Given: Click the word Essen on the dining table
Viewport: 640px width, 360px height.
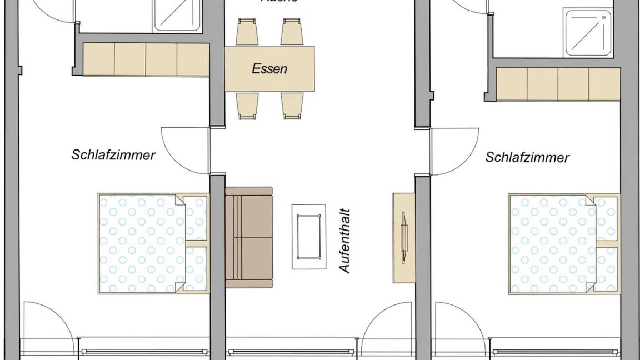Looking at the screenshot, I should click(x=269, y=69).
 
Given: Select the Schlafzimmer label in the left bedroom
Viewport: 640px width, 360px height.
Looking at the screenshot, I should click(x=113, y=154).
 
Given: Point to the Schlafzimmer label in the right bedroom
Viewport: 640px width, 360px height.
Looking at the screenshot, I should click(x=527, y=157).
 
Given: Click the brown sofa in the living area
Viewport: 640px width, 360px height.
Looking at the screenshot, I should click(x=249, y=237).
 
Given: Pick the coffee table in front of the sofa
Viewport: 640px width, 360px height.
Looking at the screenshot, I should click(x=309, y=236).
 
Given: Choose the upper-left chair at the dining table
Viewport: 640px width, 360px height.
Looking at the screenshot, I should click(x=246, y=32).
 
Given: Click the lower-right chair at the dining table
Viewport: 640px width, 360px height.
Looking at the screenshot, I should click(x=292, y=105).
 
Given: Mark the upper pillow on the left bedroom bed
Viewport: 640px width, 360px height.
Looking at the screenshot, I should click(x=196, y=218).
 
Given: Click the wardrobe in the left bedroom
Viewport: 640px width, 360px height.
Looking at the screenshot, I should click(x=146, y=59).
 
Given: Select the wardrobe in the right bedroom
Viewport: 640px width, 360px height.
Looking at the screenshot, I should click(x=557, y=84).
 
